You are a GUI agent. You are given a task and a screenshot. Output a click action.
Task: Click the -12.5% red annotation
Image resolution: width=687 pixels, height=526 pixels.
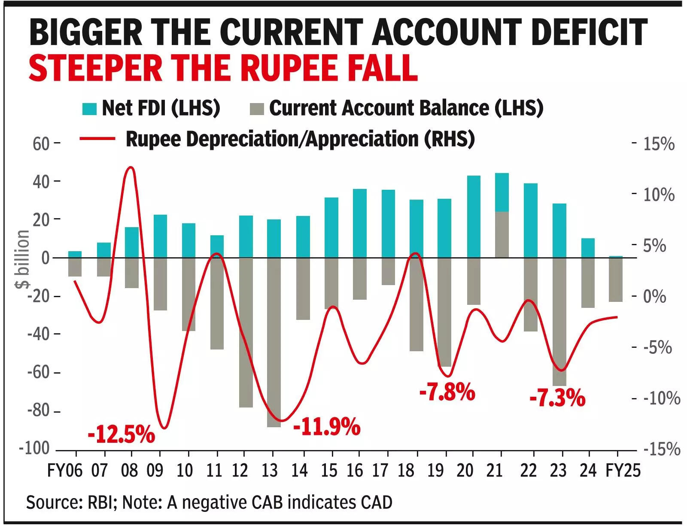[121, 434]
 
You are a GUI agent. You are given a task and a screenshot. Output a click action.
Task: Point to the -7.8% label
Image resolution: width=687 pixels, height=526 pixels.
[447, 392]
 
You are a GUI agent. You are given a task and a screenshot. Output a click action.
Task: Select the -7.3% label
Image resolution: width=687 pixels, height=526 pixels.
[557, 398]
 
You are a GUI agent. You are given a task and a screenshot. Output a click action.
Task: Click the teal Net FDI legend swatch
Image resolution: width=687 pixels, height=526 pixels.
[89, 109]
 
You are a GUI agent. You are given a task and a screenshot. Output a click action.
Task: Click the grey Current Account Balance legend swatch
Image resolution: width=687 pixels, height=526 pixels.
[256, 109]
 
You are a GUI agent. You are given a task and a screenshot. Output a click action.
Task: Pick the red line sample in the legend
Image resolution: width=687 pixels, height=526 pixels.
[97, 139]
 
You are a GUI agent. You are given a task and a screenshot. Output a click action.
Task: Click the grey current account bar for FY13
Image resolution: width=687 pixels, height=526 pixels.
[274, 342]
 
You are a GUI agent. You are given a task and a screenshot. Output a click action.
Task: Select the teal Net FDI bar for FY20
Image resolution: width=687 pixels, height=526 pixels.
[474, 216]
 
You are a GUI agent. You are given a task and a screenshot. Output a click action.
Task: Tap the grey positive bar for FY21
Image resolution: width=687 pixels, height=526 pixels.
[502, 234]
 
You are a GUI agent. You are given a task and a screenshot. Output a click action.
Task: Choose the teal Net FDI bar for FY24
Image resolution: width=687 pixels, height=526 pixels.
[588, 248]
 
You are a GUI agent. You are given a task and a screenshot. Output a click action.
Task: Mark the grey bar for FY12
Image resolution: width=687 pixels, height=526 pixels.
[246, 332]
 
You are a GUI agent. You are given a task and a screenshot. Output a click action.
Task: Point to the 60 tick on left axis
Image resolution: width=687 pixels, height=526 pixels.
[41, 144]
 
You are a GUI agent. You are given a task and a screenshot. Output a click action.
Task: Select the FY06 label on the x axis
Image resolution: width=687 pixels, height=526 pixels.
[64, 471]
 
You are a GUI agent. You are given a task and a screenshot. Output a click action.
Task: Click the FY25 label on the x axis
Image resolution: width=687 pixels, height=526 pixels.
[623, 471]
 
